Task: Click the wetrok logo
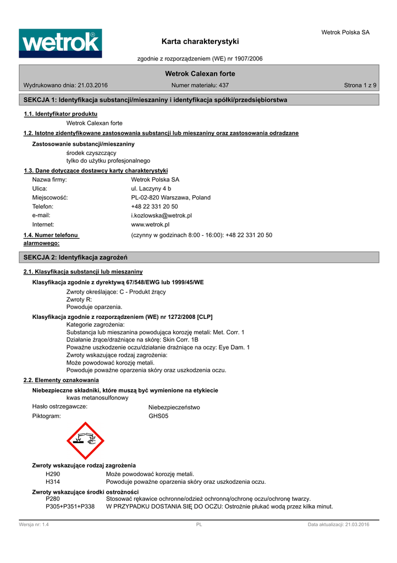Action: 60,43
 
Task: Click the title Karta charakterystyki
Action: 200,41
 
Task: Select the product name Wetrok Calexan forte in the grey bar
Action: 200,74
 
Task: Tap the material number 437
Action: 224,85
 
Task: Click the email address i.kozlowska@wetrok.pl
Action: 161,216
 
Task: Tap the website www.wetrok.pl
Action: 150,224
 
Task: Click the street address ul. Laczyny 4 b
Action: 151,188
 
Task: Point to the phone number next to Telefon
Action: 155,206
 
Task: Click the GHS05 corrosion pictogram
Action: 85,440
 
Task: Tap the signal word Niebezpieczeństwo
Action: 174,407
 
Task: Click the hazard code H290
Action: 53,473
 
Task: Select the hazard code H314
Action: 53,482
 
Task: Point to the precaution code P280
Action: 53,498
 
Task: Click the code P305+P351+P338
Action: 70,506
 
